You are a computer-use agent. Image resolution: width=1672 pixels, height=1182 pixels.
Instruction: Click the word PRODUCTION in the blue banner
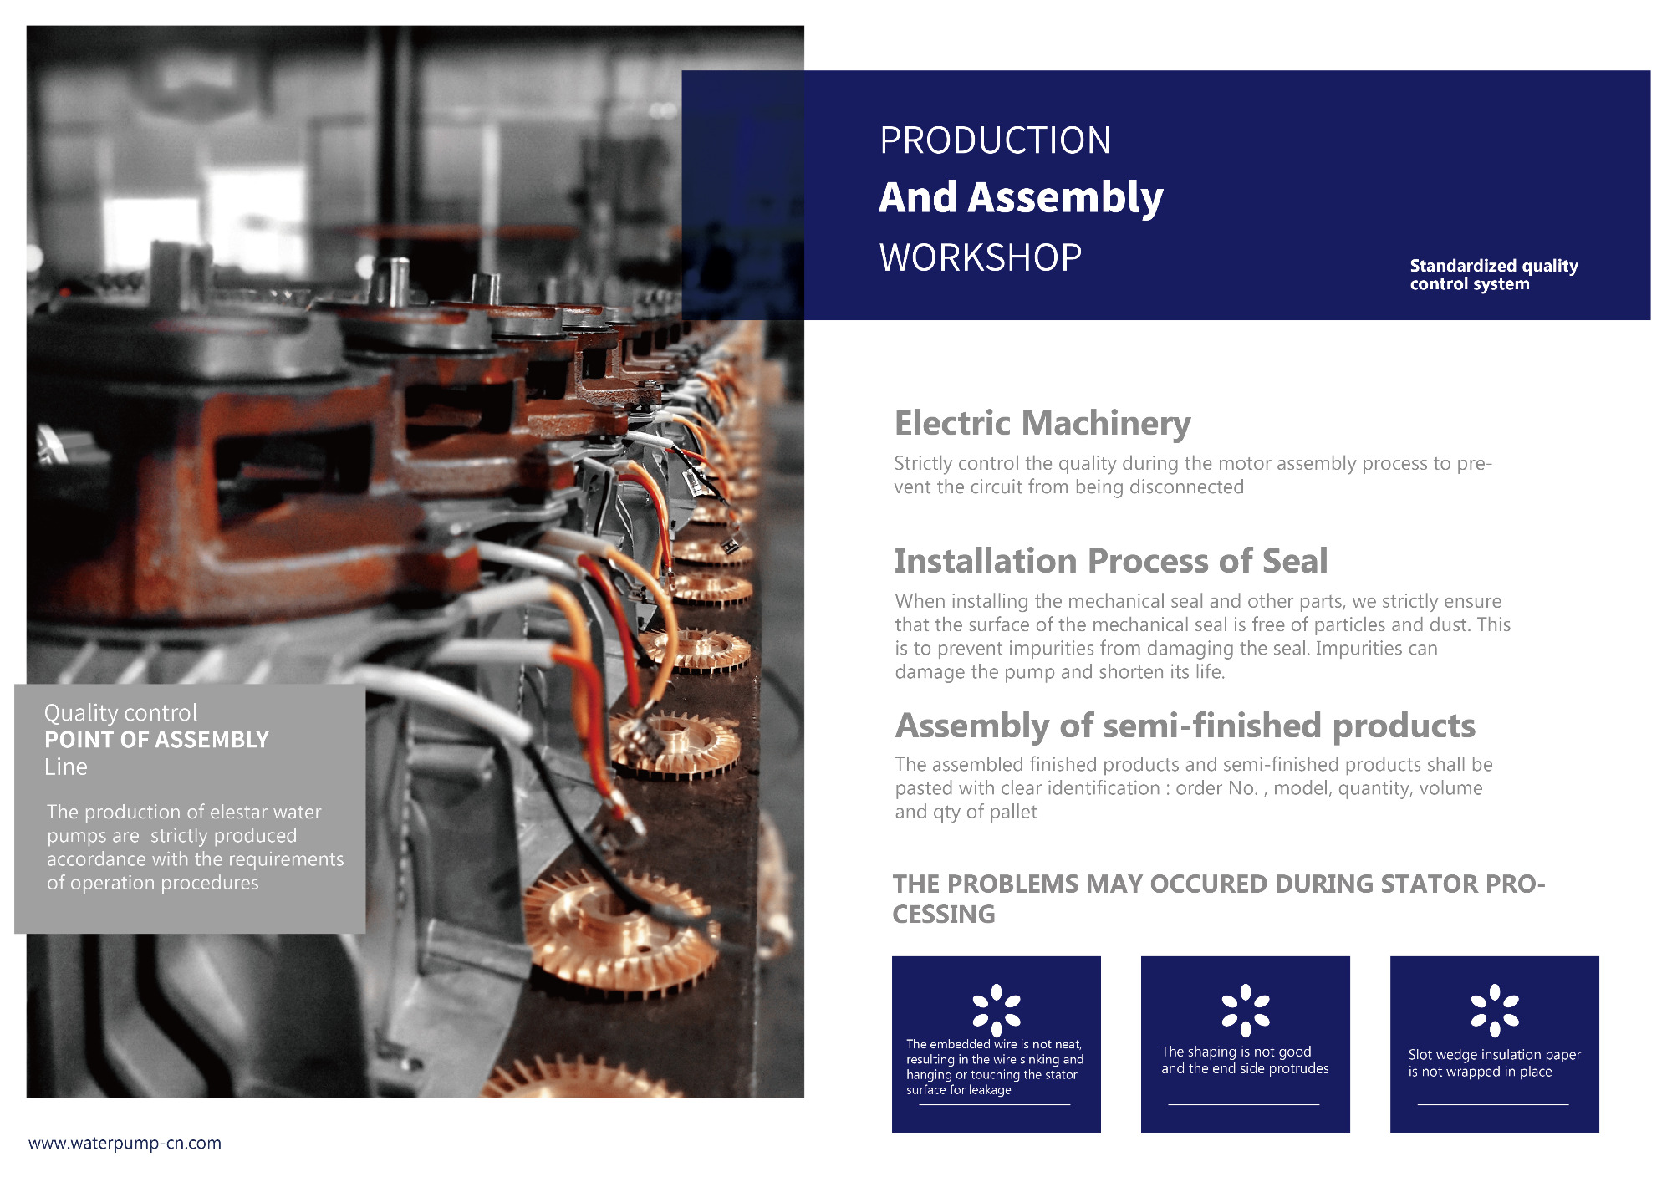point(995,140)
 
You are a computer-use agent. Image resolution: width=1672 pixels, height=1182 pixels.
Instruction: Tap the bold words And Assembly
point(1021,199)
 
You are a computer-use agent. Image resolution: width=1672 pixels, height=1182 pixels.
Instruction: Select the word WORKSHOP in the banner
point(981,257)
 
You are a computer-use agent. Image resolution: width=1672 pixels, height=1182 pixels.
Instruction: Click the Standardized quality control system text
point(1494,274)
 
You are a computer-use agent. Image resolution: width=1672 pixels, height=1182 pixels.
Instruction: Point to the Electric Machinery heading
point(1042,424)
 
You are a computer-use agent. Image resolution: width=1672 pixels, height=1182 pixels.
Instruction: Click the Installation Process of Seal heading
point(1111,561)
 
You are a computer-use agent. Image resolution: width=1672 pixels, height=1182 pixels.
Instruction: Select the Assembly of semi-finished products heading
point(1185,726)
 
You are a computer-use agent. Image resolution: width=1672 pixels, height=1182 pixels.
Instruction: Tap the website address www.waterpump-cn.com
point(125,1143)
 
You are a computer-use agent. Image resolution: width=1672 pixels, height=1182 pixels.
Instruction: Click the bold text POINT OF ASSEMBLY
point(156,740)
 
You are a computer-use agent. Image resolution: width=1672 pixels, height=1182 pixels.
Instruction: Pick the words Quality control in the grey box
point(120,713)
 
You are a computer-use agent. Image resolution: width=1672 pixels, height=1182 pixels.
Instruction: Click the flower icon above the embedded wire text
point(997,1009)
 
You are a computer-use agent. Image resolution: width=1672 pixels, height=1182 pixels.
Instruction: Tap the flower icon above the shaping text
point(1246,1009)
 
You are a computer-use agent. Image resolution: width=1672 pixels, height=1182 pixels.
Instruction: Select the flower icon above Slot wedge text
point(1495,1009)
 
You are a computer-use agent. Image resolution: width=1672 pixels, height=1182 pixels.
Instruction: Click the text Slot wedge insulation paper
point(1495,1055)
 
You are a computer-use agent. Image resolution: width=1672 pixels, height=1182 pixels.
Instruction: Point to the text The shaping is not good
point(1236,1052)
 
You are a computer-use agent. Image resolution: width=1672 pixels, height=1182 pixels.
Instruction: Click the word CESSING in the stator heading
point(944,915)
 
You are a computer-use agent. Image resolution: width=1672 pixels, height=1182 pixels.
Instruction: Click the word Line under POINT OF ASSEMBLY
point(66,767)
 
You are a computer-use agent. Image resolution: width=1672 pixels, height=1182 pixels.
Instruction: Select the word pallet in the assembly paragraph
point(1013,812)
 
